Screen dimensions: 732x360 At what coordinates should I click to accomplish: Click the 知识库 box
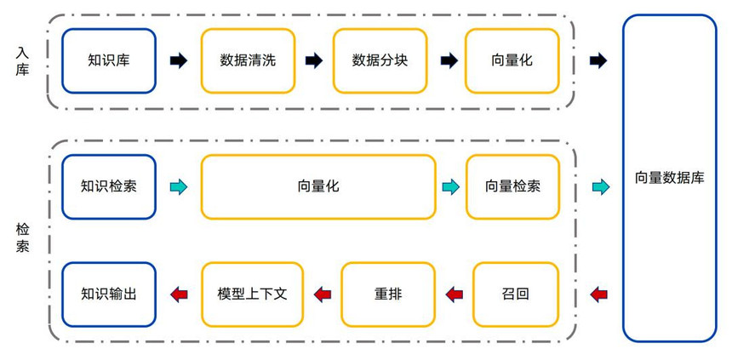coord(109,60)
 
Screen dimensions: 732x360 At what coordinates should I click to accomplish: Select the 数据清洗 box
coord(248,60)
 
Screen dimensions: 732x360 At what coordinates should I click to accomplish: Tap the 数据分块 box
coord(380,60)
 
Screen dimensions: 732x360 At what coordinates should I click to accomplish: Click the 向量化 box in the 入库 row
coord(512,60)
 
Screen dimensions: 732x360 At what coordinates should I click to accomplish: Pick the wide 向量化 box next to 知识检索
coord(318,186)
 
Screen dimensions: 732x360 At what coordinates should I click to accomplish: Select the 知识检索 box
coord(109,186)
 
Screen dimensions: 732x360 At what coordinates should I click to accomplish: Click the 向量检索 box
coord(512,186)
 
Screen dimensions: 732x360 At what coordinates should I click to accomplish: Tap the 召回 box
coord(516,294)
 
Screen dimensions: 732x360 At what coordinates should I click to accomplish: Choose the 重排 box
coord(388,294)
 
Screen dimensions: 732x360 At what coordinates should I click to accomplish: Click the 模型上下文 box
coord(252,294)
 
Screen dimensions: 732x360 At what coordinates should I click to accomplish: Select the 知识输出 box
coord(109,294)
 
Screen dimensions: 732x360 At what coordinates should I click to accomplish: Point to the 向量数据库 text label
coord(670,178)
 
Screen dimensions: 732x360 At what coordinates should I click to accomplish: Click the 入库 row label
coord(22,60)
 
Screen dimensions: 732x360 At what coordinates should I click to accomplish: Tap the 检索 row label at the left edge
coord(22,237)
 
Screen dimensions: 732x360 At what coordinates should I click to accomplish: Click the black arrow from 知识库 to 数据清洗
coord(179,60)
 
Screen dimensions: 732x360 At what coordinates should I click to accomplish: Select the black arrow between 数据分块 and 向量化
coord(449,60)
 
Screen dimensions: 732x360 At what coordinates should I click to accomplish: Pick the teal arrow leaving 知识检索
coord(179,186)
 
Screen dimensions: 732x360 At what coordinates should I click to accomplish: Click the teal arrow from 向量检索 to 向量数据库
coord(601,186)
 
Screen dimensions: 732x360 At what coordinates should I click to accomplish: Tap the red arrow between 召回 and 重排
coord(455,294)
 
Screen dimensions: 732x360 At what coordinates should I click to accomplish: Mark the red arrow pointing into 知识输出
coord(179,294)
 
